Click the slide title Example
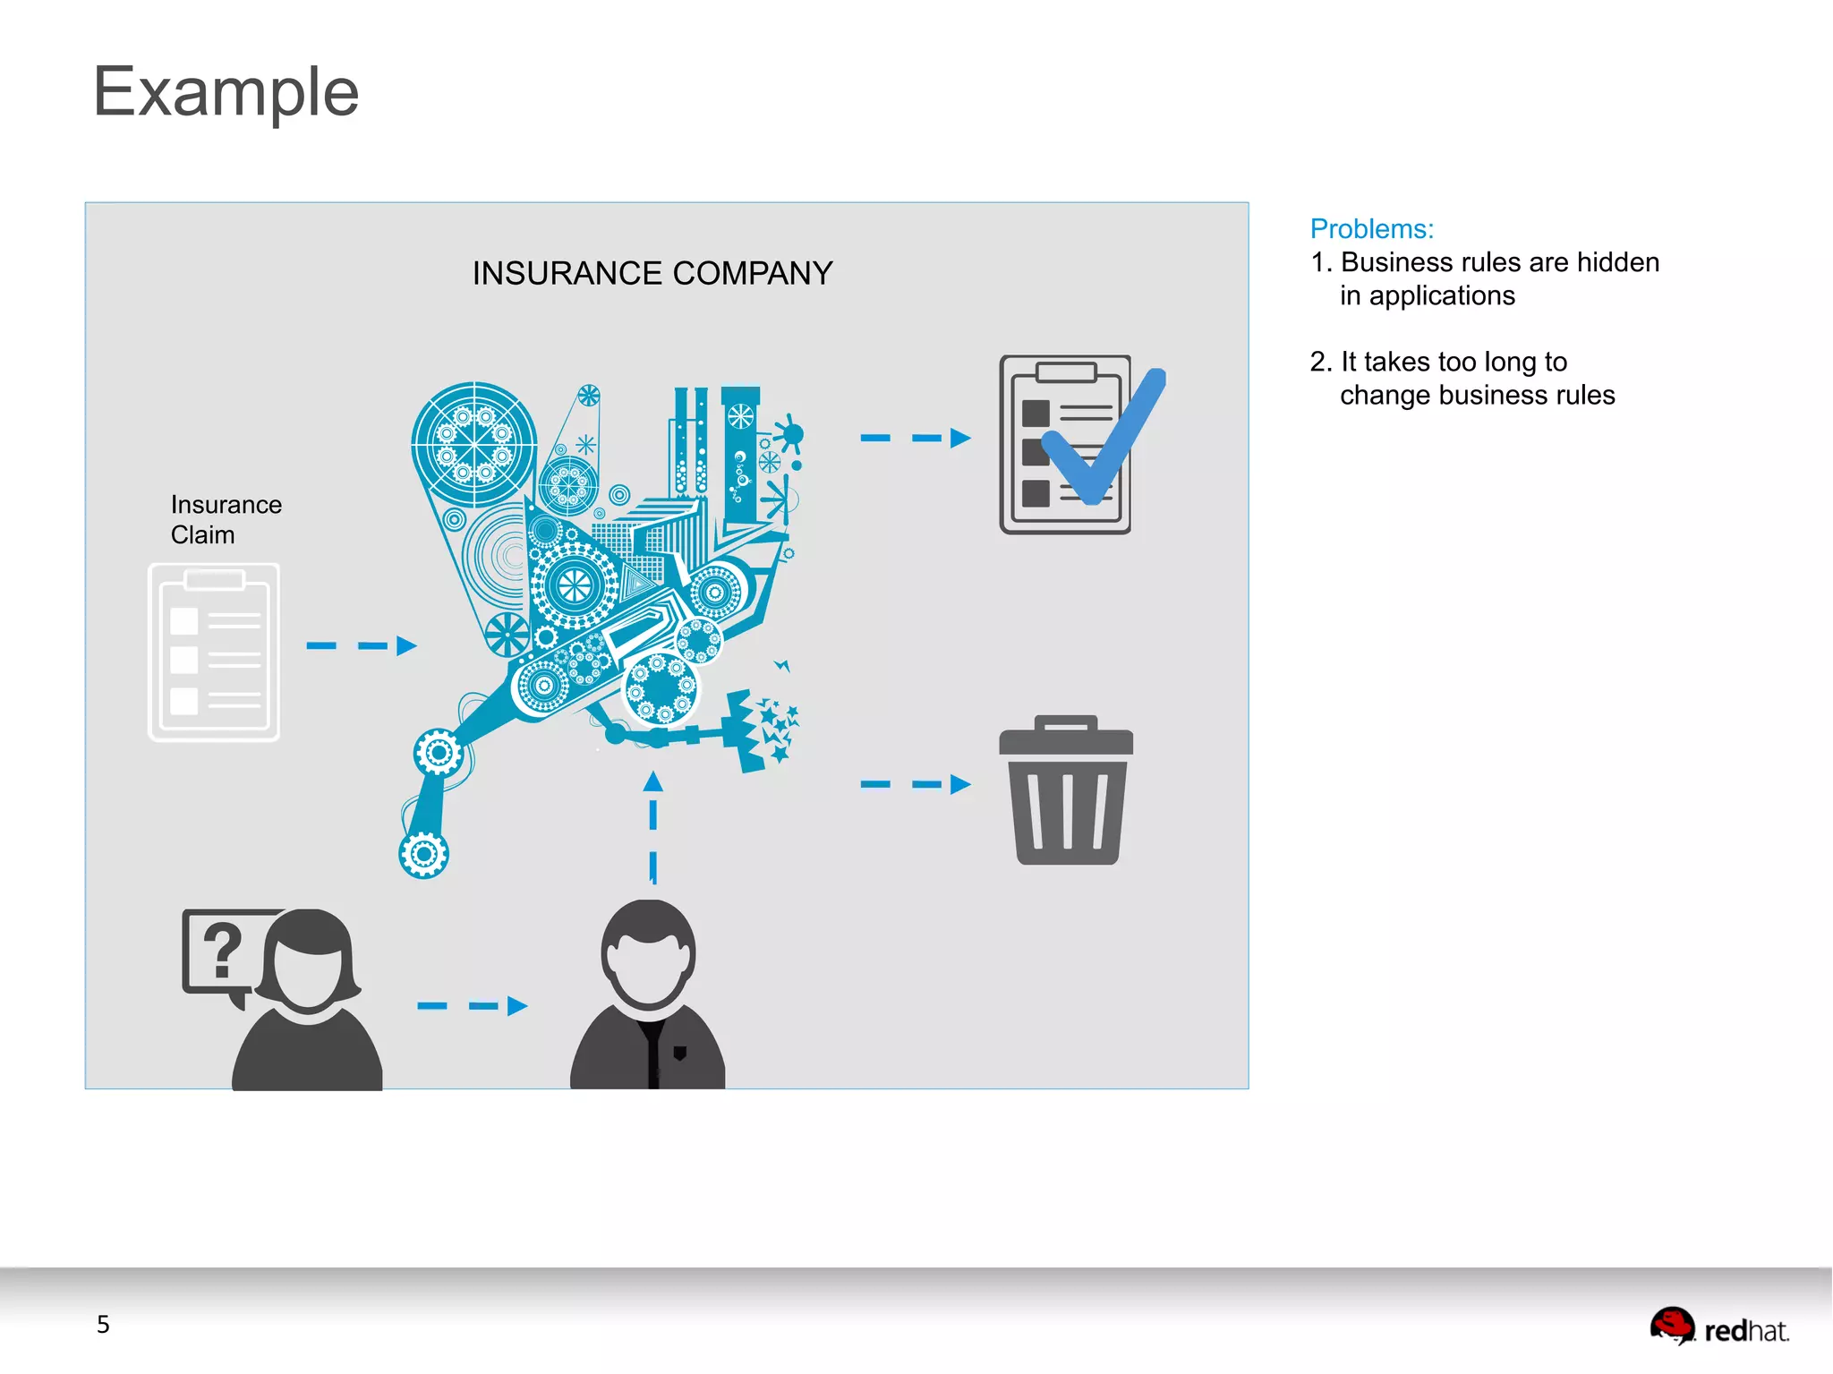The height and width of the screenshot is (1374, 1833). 226,91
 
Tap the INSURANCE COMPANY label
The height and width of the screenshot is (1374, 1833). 652,273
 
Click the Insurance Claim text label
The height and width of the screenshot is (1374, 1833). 226,520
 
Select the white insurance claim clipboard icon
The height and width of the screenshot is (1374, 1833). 214,652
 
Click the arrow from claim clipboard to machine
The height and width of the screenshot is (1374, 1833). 361,645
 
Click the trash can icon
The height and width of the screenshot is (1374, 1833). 1066,791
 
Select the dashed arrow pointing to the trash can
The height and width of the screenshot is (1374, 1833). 915,785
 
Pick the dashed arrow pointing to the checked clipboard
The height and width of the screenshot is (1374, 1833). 915,438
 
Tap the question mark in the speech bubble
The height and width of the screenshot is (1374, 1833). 222,951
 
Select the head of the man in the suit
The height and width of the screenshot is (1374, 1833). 648,954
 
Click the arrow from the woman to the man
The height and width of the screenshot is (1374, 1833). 472,1006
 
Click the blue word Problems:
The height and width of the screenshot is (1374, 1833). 1371,229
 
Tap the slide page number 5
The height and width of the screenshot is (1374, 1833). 103,1325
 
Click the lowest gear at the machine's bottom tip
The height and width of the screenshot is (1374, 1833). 424,855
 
